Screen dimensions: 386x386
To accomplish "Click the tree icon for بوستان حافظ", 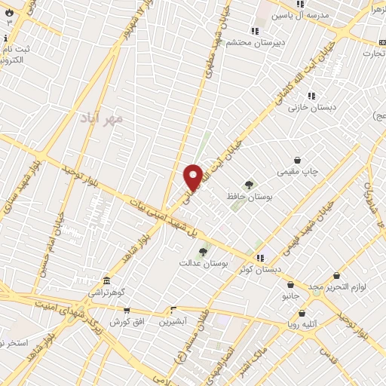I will (x=249, y=185).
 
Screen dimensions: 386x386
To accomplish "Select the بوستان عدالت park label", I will (x=203, y=264).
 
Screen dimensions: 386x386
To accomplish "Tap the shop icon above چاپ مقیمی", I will (x=298, y=161).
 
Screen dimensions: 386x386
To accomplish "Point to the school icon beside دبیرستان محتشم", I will (x=255, y=31).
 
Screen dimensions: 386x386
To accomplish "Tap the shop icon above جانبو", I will (x=290, y=285).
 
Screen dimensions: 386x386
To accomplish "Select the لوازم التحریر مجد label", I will (x=334, y=286).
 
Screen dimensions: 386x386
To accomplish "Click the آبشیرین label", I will (x=173, y=322).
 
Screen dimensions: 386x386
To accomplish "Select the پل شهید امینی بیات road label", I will (x=163, y=223).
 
